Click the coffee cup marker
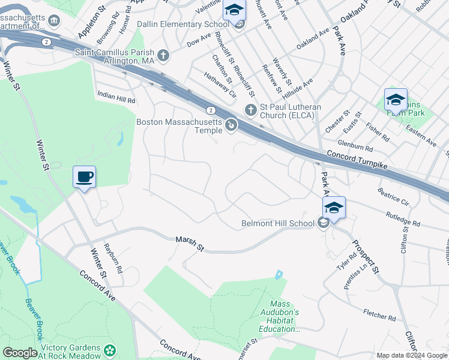pos(85,177)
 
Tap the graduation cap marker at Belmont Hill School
pos(334,208)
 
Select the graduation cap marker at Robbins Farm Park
pos(396,100)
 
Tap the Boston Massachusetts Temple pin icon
pos(231,125)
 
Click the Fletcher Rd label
pos(379,314)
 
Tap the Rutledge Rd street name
pos(402,218)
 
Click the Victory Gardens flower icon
pos(109,349)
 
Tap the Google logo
pos(20,353)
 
